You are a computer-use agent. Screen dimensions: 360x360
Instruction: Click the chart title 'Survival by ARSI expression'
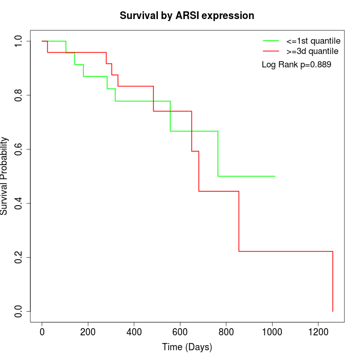pyautogui.click(x=187, y=16)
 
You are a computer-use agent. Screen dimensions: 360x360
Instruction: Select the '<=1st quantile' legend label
pyautogui.click(x=313, y=40)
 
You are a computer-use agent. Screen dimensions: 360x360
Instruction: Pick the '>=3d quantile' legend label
pyautogui.click(x=312, y=51)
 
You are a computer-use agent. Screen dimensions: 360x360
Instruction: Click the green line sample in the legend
pyautogui.click(x=271, y=40)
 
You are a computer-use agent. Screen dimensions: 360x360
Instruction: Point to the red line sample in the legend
pyautogui.click(x=271, y=51)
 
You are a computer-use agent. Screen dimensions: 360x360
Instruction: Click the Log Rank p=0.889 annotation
pyautogui.click(x=296, y=65)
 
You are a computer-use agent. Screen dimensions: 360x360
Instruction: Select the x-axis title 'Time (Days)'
pyautogui.click(x=187, y=348)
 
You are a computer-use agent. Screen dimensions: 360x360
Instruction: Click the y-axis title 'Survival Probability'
pyautogui.click(x=5, y=176)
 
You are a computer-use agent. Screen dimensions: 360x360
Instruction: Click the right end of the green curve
pyautogui.click(x=275, y=176)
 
